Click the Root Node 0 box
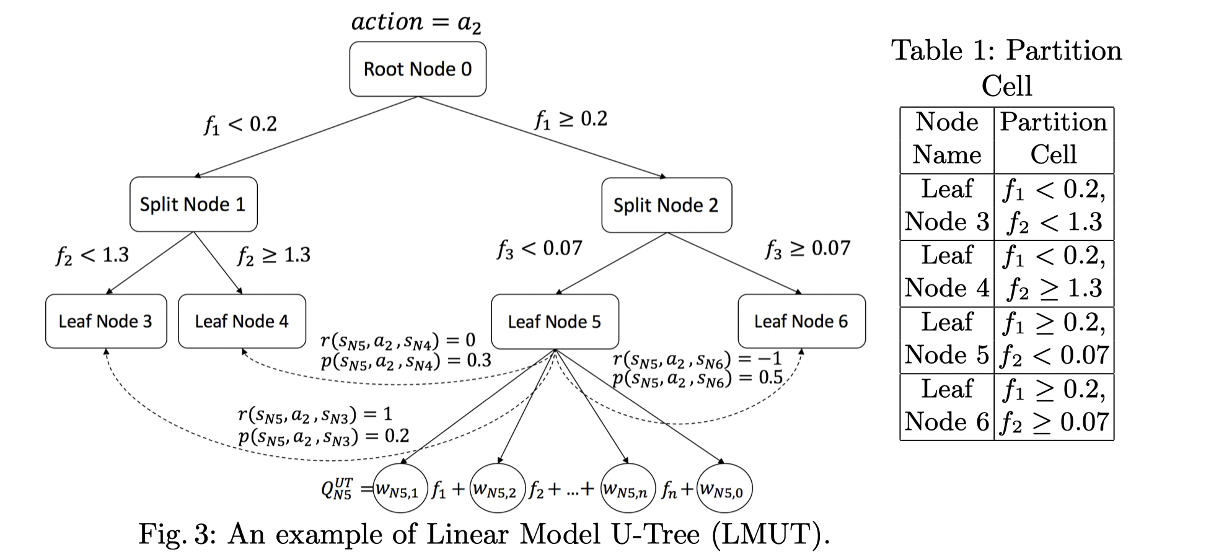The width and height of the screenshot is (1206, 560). pos(417,69)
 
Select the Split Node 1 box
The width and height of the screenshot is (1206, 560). pos(193,204)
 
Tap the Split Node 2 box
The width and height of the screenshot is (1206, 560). pos(666,205)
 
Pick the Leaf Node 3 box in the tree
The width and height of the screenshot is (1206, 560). pos(106,321)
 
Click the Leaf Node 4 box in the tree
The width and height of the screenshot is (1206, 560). pos(242,321)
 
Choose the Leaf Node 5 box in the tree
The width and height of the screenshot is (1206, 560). pos(555,322)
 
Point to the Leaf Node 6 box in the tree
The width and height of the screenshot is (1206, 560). pos(801,321)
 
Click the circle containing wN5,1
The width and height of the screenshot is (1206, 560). pos(400,489)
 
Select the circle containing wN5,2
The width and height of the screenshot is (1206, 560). pos(498,489)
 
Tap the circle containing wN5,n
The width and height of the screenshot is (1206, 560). pos(628,489)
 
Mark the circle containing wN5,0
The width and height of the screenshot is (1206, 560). pos(724,489)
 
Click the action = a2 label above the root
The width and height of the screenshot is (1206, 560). pos(416,23)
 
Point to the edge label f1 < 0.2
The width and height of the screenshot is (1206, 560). pos(240,125)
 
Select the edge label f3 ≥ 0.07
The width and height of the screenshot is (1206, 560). pos(808,249)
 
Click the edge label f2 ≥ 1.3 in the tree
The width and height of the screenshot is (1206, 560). pos(274,255)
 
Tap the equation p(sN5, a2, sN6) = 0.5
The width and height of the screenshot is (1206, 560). pos(698,378)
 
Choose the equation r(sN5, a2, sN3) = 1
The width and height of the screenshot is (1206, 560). pos(315,414)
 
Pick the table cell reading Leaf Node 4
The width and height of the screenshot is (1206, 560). pos(946,273)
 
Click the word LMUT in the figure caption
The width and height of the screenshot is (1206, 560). pos(767,534)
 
